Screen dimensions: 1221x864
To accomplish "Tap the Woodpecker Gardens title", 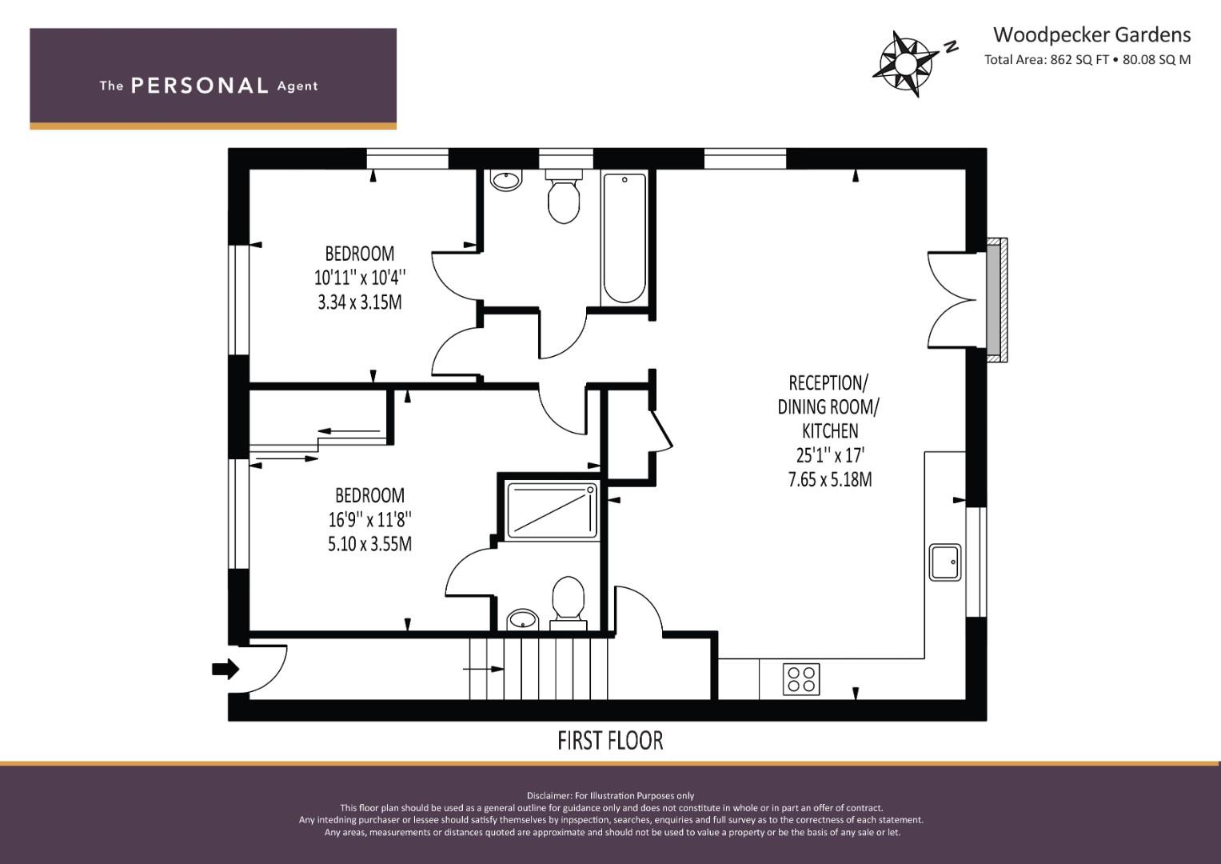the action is tap(1091, 35).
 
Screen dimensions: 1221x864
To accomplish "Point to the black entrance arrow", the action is tap(225, 669).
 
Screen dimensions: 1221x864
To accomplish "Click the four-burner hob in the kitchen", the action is tap(801, 679).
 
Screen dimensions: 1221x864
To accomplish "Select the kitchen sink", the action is tap(945, 562).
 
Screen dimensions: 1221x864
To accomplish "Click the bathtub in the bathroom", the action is tap(624, 238).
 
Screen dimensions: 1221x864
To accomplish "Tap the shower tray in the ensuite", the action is tap(552, 512).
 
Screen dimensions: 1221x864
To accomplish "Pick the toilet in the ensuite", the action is tap(569, 603).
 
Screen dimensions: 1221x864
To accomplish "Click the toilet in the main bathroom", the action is tap(564, 196).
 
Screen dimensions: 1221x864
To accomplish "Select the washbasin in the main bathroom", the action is tap(506, 179).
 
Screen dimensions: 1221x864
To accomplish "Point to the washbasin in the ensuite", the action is tap(523, 620).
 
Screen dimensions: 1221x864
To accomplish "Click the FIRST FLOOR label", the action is tap(611, 741).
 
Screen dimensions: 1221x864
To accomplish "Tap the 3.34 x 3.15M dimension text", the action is tap(360, 302).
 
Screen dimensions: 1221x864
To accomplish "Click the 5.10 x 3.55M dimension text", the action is tap(369, 544).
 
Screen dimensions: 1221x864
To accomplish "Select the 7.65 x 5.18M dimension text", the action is tap(830, 479).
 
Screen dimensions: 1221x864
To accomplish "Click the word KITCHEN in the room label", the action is tap(830, 431).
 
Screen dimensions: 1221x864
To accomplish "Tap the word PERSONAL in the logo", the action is tap(200, 86).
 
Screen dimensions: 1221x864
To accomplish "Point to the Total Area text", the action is tap(1087, 59).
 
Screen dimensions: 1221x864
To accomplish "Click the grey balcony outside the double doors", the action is tap(997, 299).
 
